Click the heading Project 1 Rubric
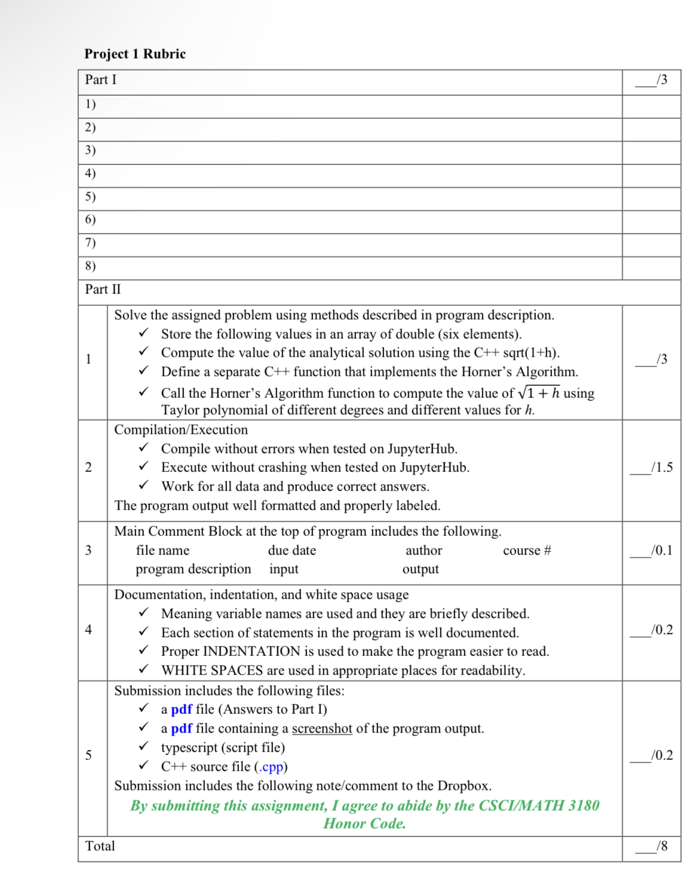coord(135,54)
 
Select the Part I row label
coord(100,80)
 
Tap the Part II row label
coord(103,290)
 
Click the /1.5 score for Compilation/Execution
coord(661,467)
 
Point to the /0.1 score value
coord(661,550)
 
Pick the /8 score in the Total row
coord(661,846)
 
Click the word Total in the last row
coord(100,846)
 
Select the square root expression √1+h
coord(539,392)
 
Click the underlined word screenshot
coord(322,728)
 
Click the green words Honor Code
coord(364,824)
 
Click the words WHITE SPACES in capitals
coord(212,670)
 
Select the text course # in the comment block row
coord(527,550)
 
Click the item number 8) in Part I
coord(90,266)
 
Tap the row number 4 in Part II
coord(88,629)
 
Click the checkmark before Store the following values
coord(143,333)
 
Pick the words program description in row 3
coord(193,569)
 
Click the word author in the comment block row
coord(424,550)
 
